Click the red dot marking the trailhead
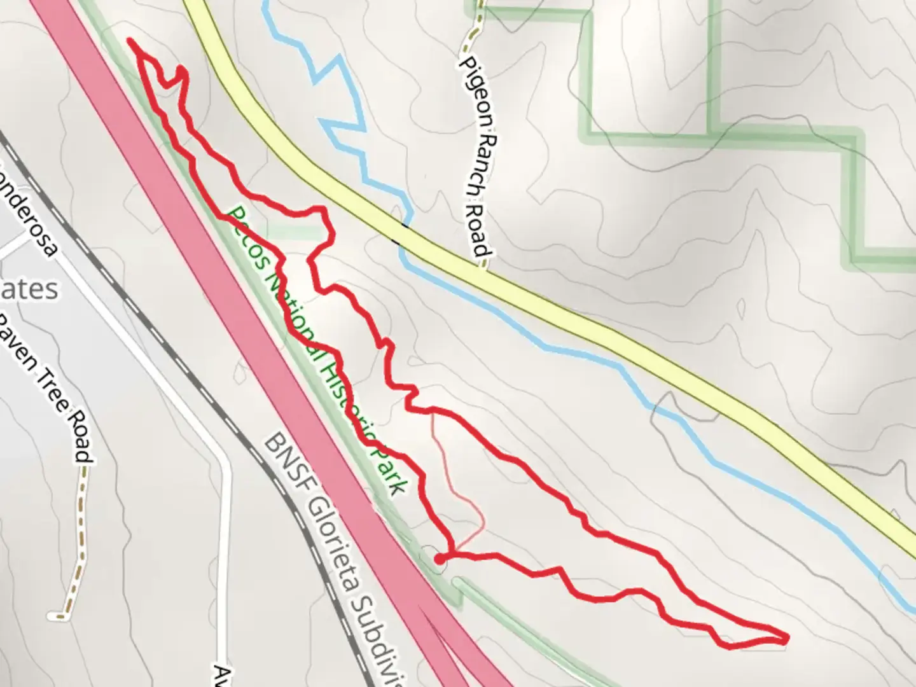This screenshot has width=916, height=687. coord(439,559)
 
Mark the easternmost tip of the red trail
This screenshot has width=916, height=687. coord(788,637)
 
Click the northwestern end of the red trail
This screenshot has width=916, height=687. coord(130,41)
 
